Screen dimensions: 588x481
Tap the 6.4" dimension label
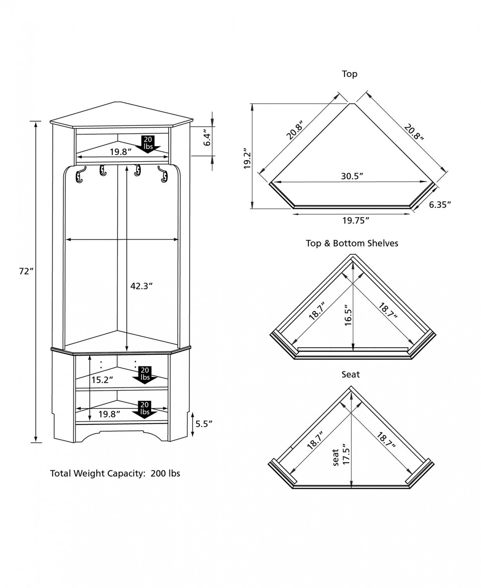click(207, 139)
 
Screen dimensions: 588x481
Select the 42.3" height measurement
click(141, 286)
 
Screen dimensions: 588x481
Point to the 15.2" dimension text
click(102, 379)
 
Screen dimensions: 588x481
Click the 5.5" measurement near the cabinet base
click(204, 423)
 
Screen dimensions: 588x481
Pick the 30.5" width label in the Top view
click(352, 176)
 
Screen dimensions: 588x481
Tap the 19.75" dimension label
click(356, 220)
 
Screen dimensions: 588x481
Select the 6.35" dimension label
click(439, 205)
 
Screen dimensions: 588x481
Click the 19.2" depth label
click(247, 159)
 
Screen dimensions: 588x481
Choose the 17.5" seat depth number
click(345, 454)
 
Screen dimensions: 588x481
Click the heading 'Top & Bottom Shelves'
click(352, 243)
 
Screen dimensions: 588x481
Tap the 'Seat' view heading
click(350, 374)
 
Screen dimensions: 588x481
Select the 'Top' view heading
click(350, 74)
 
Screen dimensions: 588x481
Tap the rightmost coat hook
click(163, 174)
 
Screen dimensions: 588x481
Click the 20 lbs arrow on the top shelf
click(148, 143)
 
